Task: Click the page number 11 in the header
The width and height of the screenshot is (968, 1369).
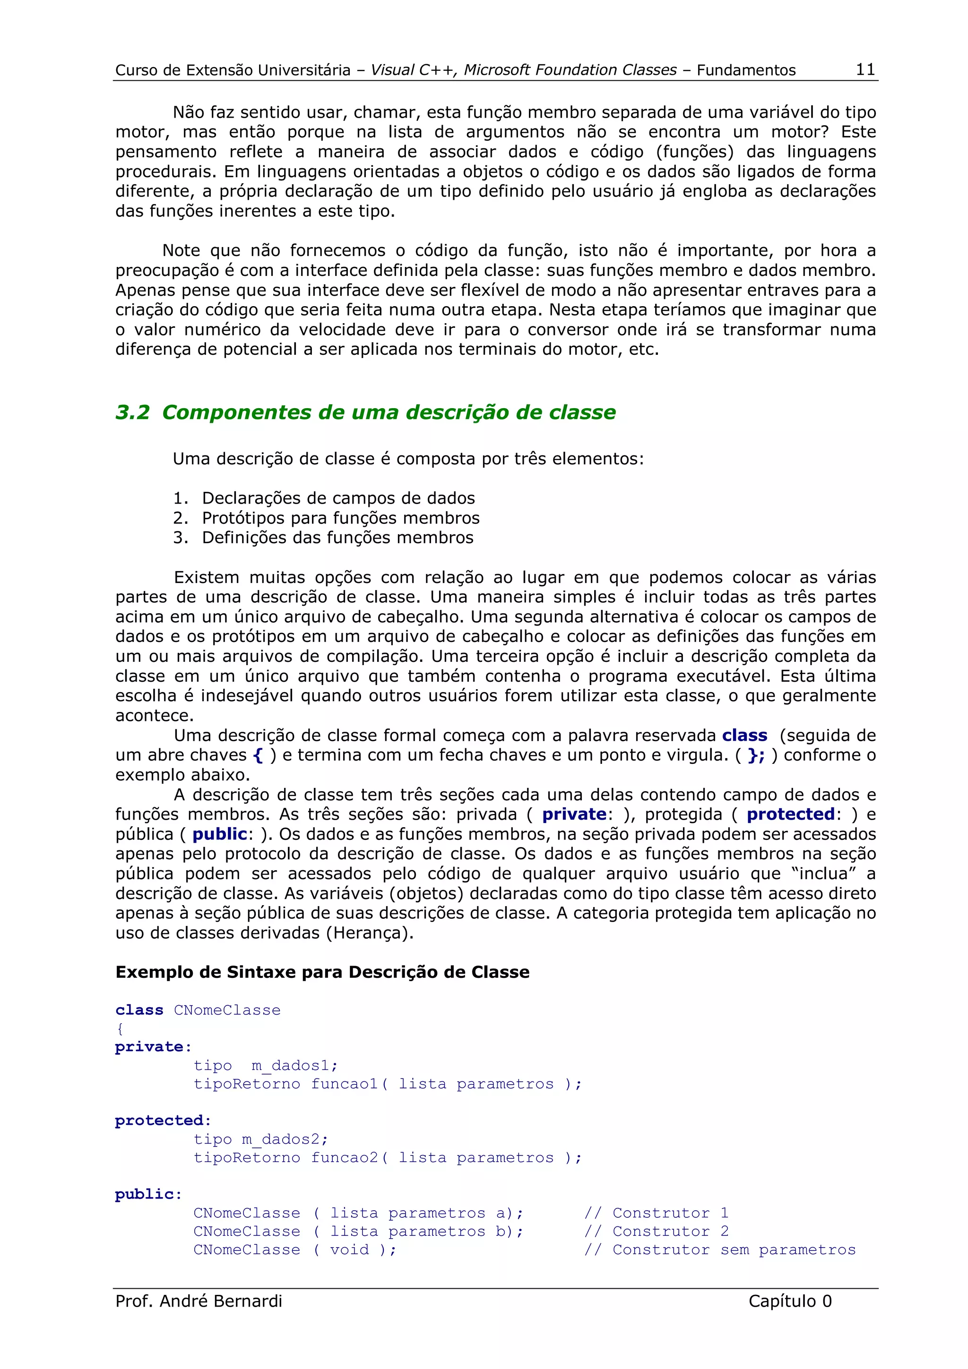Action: pos(865,70)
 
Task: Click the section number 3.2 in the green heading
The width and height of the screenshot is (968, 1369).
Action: pos(132,412)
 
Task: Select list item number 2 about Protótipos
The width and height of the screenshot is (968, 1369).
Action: pos(326,518)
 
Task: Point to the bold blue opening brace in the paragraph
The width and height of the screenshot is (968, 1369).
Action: pos(258,755)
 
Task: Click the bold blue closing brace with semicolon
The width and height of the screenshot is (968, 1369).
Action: pos(756,755)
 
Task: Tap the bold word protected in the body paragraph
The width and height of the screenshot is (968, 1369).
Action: pos(790,814)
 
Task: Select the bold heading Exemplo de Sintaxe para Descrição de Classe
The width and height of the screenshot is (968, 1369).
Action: pos(322,973)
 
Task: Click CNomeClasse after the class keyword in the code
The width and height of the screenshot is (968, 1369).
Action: pos(227,1010)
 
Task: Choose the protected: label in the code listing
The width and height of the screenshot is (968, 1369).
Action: pos(163,1121)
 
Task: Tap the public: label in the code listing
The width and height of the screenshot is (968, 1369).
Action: pos(148,1194)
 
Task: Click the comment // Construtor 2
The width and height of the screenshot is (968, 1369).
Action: pos(657,1231)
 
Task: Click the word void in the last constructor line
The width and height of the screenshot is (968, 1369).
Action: pos(349,1250)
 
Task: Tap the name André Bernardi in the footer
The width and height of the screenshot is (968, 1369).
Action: pos(221,1301)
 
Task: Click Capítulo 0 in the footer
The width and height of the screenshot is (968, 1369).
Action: pos(790,1301)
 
